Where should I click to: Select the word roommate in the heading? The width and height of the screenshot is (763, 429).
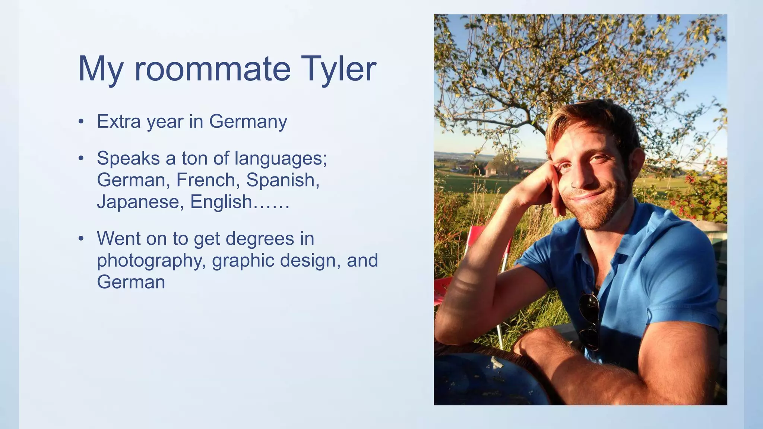[212, 69]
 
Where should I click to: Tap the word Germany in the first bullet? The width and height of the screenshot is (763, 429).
[248, 122]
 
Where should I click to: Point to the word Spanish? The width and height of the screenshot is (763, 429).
[282, 180]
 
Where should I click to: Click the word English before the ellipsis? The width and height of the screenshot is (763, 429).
[221, 202]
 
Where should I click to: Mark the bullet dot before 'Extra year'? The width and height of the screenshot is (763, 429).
[81, 122]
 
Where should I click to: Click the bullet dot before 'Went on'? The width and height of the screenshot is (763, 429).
[81, 239]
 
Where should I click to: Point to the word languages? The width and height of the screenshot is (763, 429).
[281, 159]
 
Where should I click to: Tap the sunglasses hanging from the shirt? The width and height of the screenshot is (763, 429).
[589, 320]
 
